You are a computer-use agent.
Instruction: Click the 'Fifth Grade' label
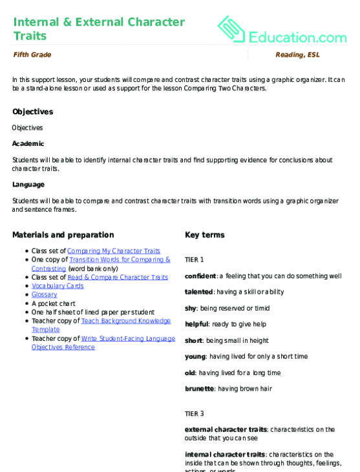pyautogui.click(x=32, y=55)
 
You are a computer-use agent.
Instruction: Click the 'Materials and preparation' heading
pyautogui.click(x=63, y=235)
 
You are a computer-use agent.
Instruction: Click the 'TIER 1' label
pyautogui.click(x=194, y=260)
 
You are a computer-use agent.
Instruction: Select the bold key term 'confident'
pyautogui.click(x=200, y=276)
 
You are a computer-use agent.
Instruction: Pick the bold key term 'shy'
pyautogui.click(x=191, y=308)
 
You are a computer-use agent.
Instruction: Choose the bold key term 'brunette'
pyautogui.click(x=200, y=389)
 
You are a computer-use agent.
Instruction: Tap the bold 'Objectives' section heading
pyautogui.click(x=32, y=112)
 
